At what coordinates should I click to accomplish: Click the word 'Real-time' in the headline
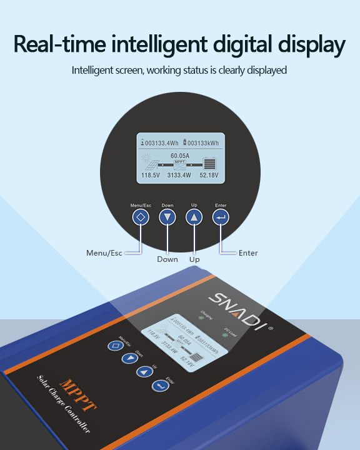click(x=61, y=45)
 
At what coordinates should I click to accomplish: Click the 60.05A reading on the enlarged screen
click(x=180, y=155)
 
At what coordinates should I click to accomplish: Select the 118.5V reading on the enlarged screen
click(x=152, y=176)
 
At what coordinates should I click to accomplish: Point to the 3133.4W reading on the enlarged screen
click(x=179, y=176)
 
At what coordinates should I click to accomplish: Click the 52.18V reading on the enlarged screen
click(x=209, y=176)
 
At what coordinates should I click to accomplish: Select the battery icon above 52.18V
click(x=209, y=164)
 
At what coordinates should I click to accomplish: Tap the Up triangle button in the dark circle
click(x=194, y=217)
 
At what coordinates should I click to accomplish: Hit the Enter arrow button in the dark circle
click(x=221, y=217)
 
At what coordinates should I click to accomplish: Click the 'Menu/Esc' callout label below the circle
click(x=104, y=253)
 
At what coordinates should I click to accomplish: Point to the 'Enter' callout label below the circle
click(x=248, y=253)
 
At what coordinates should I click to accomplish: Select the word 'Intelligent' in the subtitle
click(x=92, y=70)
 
